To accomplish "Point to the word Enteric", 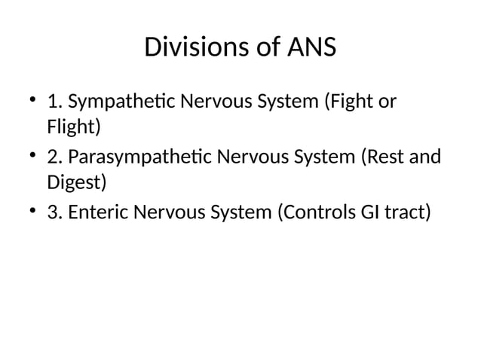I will (98, 213).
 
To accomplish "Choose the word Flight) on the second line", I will (73, 126).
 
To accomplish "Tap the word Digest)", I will (76, 182).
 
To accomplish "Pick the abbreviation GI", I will (369, 213).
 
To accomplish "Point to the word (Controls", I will (315, 213).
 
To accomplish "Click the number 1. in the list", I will (54, 101).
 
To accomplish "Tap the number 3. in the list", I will (55, 213).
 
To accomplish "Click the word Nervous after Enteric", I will (167, 213).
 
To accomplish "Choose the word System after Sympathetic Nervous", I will (287, 101).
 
